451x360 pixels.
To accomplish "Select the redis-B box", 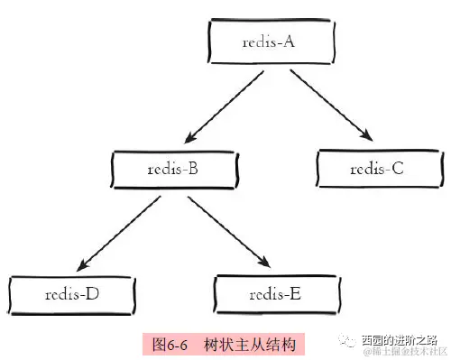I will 173,168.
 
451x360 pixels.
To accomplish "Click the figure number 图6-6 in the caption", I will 171,343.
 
